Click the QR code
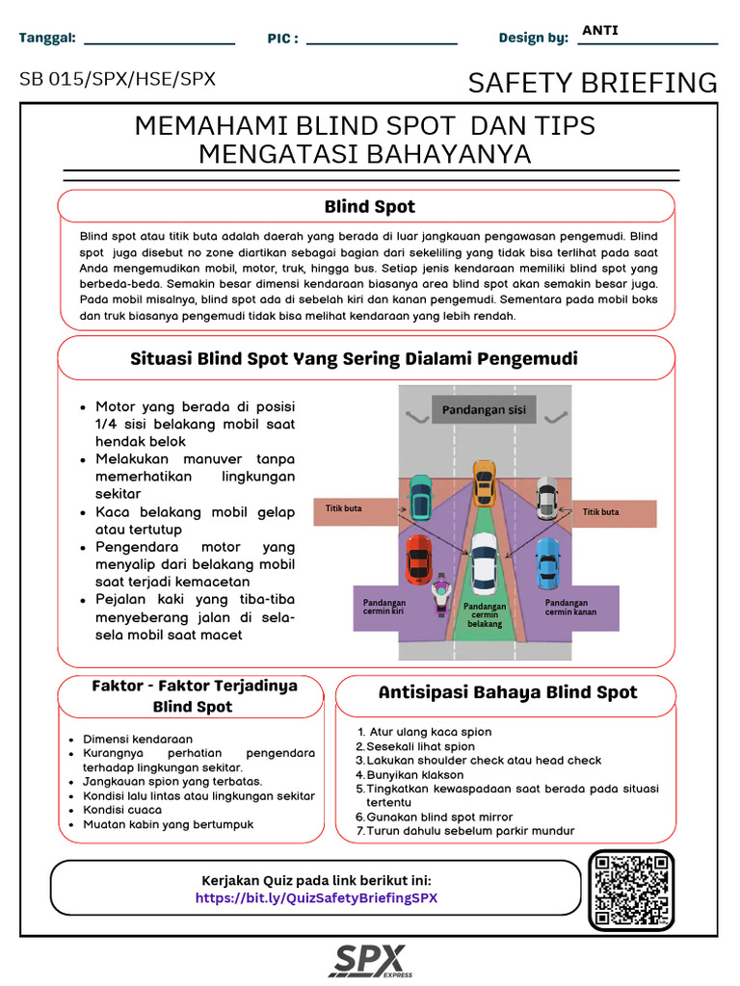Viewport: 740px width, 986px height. click(x=631, y=889)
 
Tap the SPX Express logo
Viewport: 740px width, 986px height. click(x=370, y=961)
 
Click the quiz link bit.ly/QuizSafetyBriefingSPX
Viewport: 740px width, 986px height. click(x=316, y=897)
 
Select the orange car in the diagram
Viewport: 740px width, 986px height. click(x=483, y=482)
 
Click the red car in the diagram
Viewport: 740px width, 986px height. click(x=418, y=558)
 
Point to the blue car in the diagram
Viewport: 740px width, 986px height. click(x=547, y=562)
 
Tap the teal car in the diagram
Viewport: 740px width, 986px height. click(x=420, y=497)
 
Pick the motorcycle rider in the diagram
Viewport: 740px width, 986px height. click(x=440, y=595)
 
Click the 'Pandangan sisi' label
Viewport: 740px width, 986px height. click(x=484, y=410)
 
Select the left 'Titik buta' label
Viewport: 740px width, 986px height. click(x=344, y=509)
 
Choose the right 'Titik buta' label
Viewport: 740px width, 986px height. click(x=601, y=512)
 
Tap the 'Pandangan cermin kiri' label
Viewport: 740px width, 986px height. click(x=383, y=607)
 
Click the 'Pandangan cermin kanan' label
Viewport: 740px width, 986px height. click(x=570, y=607)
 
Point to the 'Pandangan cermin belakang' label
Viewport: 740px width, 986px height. click(x=485, y=614)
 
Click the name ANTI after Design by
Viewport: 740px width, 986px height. click(x=600, y=30)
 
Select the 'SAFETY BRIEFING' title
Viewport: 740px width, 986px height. click(x=593, y=83)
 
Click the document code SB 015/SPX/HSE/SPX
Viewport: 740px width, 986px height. click(x=118, y=79)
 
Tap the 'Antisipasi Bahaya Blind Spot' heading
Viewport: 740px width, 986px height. click(x=508, y=692)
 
